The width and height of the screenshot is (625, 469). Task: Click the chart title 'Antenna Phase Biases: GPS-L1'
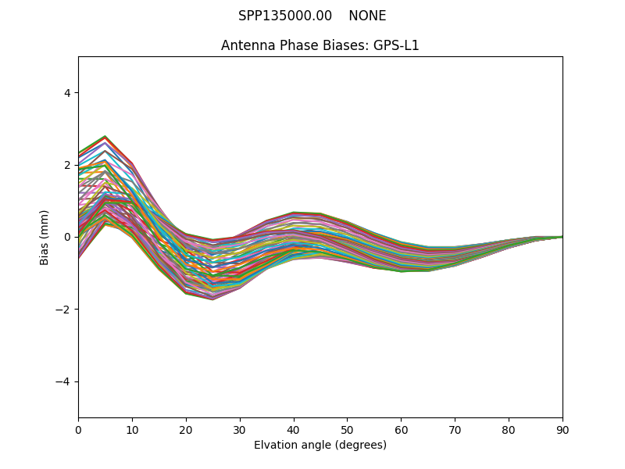(x=320, y=45)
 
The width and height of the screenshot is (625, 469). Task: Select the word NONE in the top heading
(x=367, y=16)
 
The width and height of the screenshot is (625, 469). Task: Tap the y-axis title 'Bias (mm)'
(x=45, y=237)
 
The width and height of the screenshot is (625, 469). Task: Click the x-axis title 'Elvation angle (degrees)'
(x=320, y=446)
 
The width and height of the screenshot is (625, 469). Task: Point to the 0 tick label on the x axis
(x=78, y=429)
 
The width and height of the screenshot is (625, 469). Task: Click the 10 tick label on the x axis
(x=132, y=429)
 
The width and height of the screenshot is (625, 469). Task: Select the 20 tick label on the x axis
(x=186, y=429)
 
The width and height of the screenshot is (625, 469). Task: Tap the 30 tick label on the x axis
(x=240, y=429)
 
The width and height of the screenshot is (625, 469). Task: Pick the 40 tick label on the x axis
(x=294, y=429)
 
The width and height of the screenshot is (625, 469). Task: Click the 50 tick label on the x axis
(x=347, y=429)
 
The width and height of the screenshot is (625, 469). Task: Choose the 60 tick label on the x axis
(x=401, y=429)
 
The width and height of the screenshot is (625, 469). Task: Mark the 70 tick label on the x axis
(x=455, y=429)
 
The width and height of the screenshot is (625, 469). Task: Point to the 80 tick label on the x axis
(x=509, y=429)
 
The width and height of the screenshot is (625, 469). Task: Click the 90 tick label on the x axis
(x=562, y=429)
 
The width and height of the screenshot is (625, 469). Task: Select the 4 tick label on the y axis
(x=66, y=93)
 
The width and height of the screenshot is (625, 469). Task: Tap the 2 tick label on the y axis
(x=66, y=165)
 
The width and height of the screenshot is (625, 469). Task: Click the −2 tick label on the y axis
(x=64, y=310)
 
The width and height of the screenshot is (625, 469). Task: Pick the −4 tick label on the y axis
(x=64, y=381)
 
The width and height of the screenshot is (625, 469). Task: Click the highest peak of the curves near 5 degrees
(x=105, y=136)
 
